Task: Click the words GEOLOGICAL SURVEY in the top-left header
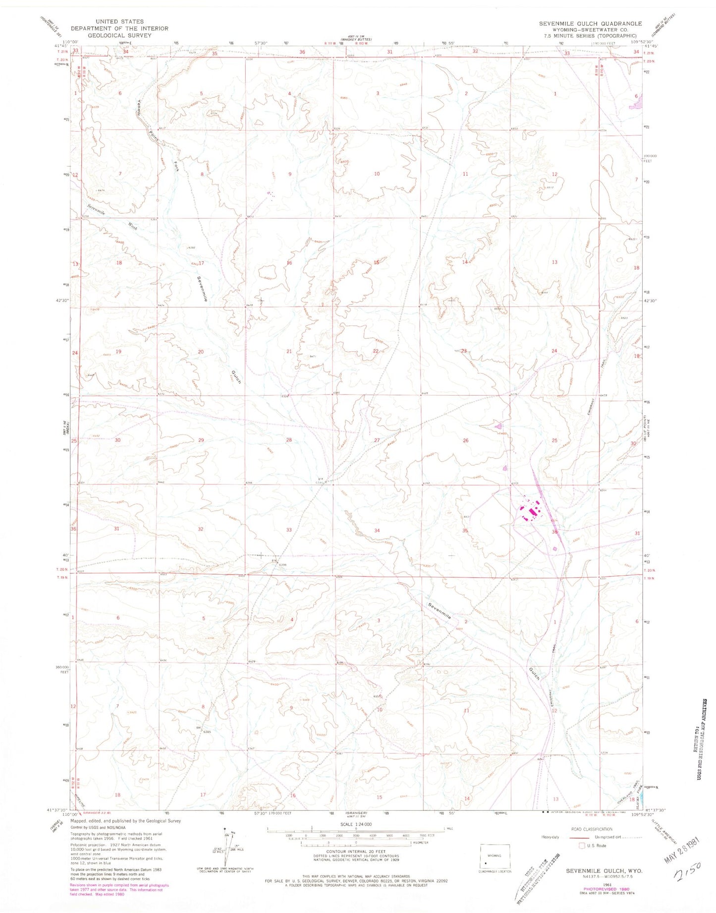point(119,35)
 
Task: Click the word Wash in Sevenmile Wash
point(133,226)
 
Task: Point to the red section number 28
point(289,440)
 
